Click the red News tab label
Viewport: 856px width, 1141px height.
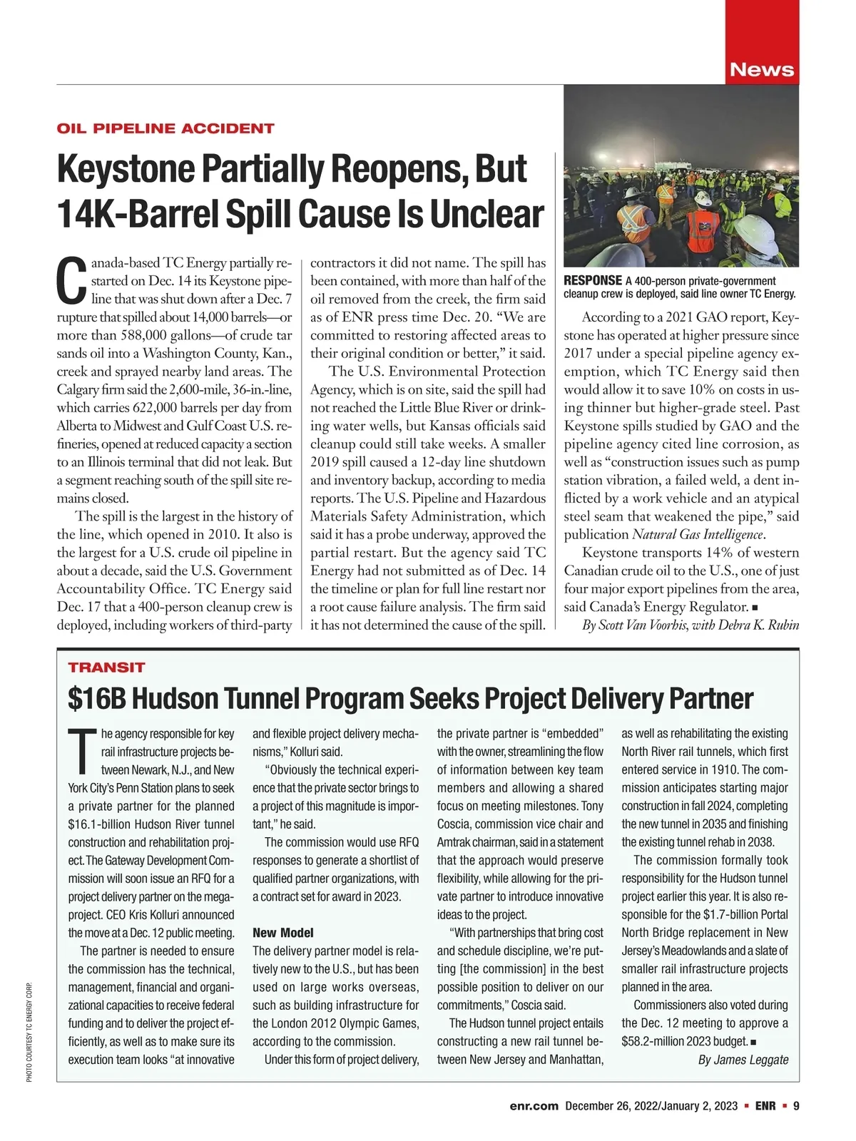tap(762, 70)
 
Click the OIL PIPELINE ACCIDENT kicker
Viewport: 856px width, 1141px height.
tap(165, 128)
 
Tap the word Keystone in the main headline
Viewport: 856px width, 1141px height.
tap(126, 169)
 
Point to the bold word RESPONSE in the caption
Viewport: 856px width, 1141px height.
tap(592, 281)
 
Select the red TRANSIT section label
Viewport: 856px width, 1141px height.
tap(106, 667)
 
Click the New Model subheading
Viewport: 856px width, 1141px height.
tap(283, 933)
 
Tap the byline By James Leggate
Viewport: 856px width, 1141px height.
tap(743, 1059)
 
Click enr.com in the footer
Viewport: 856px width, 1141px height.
tap(534, 1106)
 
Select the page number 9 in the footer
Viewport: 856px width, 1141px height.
tap(796, 1106)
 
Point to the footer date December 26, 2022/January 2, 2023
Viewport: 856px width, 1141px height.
tap(651, 1106)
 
